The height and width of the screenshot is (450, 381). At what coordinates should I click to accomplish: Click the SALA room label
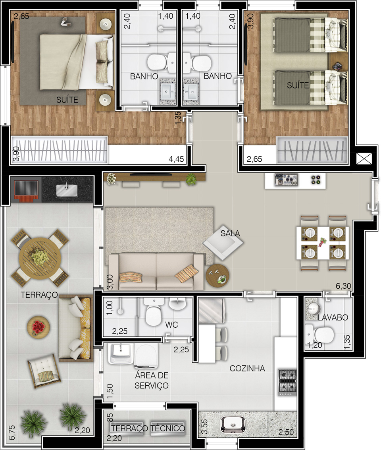pyautogui.click(x=230, y=233)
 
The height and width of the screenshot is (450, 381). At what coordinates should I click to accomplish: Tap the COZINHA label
pyautogui.click(x=247, y=369)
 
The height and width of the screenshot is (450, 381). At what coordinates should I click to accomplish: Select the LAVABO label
pyautogui.click(x=333, y=317)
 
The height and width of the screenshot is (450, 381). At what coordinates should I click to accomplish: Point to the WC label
pyautogui.click(x=171, y=324)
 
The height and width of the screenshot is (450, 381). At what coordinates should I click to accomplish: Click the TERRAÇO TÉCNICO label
pyautogui.click(x=148, y=428)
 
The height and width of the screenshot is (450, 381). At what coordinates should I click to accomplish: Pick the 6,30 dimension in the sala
pyautogui.click(x=343, y=286)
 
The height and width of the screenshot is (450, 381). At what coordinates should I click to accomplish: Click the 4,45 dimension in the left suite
pyautogui.click(x=176, y=159)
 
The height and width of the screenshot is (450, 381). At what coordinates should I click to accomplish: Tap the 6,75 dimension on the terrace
pyautogui.click(x=12, y=433)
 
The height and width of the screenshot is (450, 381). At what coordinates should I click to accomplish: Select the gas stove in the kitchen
pyautogui.click(x=288, y=382)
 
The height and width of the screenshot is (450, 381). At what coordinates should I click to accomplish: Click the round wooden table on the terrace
pyautogui.click(x=40, y=258)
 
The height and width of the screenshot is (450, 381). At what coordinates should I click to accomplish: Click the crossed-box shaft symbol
pyautogui.click(x=364, y=159)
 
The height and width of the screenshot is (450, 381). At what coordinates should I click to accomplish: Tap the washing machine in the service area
pyautogui.click(x=146, y=356)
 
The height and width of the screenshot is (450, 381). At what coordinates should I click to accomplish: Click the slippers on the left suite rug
pyautogui.click(x=65, y=22)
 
